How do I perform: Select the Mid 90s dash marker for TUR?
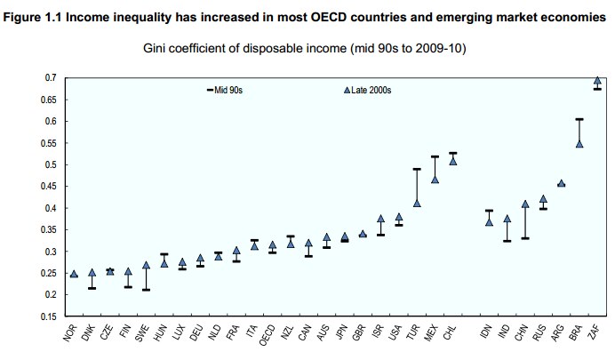pyautogui.click(x=417, y=169)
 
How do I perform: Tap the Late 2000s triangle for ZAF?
pyautogui.click(x=597, y=81)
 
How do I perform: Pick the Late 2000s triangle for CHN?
pyautogui.click(x=525, y=204)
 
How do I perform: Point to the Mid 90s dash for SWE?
pyautogui.click(x=146, y=290)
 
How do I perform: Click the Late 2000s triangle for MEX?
pyautogui.click(x=435, y=179)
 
